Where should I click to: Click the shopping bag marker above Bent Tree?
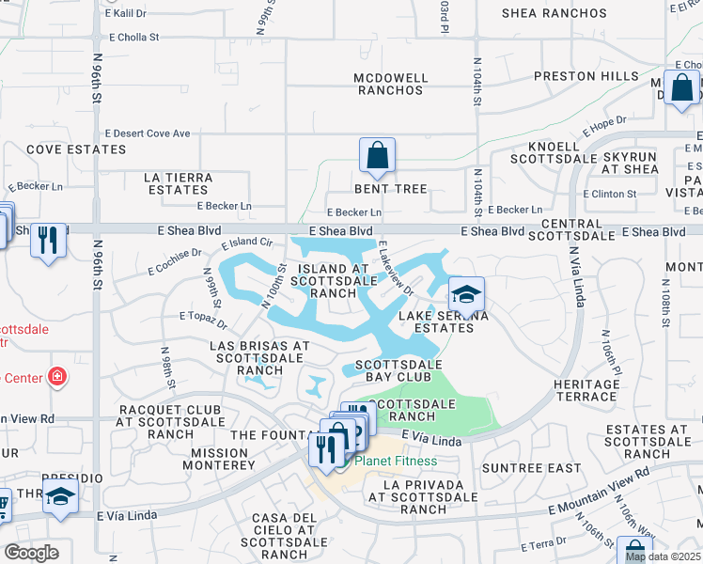[x=377, y=156]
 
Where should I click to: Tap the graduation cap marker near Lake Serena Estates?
[x=466, y=295]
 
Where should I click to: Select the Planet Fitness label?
[x=395, y=461]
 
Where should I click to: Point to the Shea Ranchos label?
[x=555, y=13]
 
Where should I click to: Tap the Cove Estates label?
[x=63, y=149]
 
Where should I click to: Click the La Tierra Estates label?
[x=178, y=183]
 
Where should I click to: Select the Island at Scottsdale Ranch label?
[x=333, y=281]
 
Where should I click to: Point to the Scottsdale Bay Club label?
[x=391, y=370]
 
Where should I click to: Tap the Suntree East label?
[x=518, y=467]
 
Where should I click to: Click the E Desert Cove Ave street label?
[x=148, y=133]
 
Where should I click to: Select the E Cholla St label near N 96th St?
[x=134, y=39]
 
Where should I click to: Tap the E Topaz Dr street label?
[x=202, y=321]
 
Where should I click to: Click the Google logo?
[x=31, y=552]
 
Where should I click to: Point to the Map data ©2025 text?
[x=663, y=556]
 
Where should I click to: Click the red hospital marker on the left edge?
[x=58, y=378]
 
